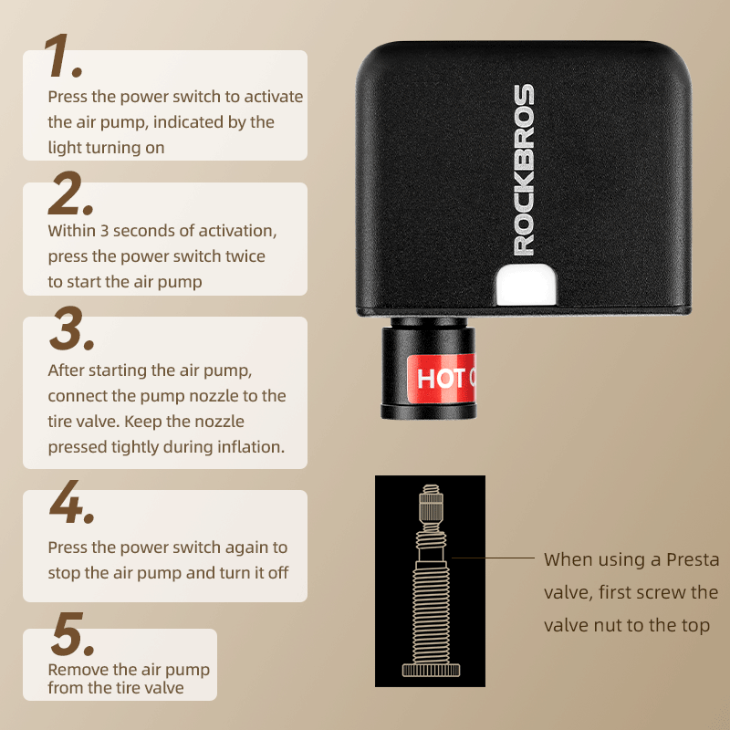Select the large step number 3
(68, 329)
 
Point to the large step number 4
(70, 503)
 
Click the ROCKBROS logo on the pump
(524, 170)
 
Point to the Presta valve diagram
(429, 579)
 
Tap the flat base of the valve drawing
(429, 671)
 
